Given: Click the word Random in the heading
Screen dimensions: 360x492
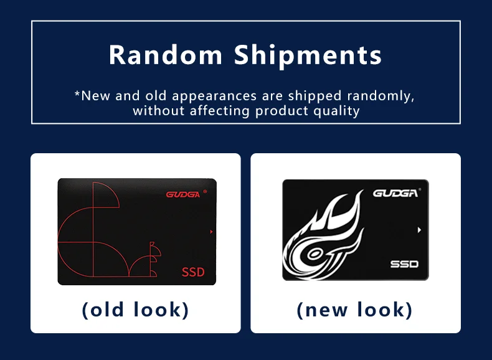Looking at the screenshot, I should [x=165, y=55].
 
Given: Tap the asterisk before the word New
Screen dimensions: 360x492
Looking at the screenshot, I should [x=77, y=95].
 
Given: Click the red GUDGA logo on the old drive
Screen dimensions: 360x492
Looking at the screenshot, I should [x=182, y=194].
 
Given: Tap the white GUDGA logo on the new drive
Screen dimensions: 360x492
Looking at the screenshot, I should [x=395, y=193].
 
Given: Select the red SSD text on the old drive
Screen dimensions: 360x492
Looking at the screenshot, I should [x=193, y=272].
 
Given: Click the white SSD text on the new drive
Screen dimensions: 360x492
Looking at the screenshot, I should [x=404, y=264].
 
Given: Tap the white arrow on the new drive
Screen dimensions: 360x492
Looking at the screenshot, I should [x=419, y=230].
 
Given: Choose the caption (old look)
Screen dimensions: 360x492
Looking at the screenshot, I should [x=135, y=309].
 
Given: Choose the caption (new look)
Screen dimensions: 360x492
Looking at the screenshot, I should [x=355, y=309].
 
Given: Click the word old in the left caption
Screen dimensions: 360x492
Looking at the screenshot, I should [x=110, y=309].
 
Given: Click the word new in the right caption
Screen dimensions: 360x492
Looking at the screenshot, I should [x=331, y=310].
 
